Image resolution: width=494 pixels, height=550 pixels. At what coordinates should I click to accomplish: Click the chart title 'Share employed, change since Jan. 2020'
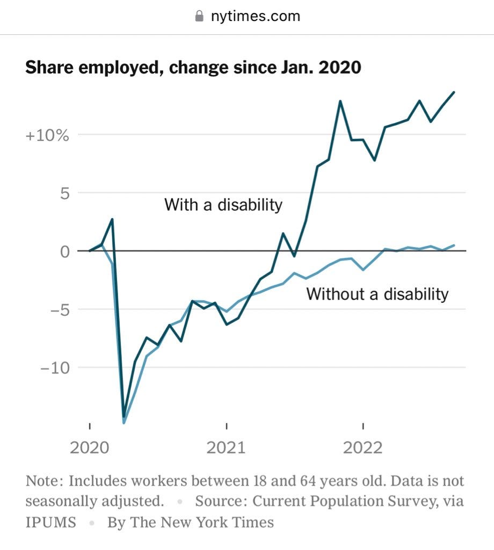point(193,68)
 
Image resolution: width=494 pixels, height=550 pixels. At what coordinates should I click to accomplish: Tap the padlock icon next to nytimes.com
point(199,16)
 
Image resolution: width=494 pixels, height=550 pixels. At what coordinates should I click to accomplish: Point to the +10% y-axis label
point(47,135)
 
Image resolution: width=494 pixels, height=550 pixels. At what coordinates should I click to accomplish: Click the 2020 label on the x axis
point(90,447)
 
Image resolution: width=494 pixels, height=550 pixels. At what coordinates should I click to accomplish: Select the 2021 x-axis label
point(227,447)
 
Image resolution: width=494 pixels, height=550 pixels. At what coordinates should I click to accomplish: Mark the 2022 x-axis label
point(364,447)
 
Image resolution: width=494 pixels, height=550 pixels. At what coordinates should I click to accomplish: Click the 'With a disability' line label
point(223,205)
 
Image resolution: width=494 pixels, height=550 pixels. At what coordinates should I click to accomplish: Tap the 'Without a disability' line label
point(377,294)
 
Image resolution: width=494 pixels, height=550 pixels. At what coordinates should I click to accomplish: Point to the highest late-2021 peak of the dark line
point(340,101)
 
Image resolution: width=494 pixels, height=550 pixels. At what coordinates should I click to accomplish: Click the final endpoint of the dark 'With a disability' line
point(454,92)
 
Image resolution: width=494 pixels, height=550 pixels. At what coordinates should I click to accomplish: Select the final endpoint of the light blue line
point(454,245)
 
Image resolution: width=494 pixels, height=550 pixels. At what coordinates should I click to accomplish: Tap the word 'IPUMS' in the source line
point(51,522)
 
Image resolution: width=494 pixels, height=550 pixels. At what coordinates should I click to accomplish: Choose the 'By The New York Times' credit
point(190,522)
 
